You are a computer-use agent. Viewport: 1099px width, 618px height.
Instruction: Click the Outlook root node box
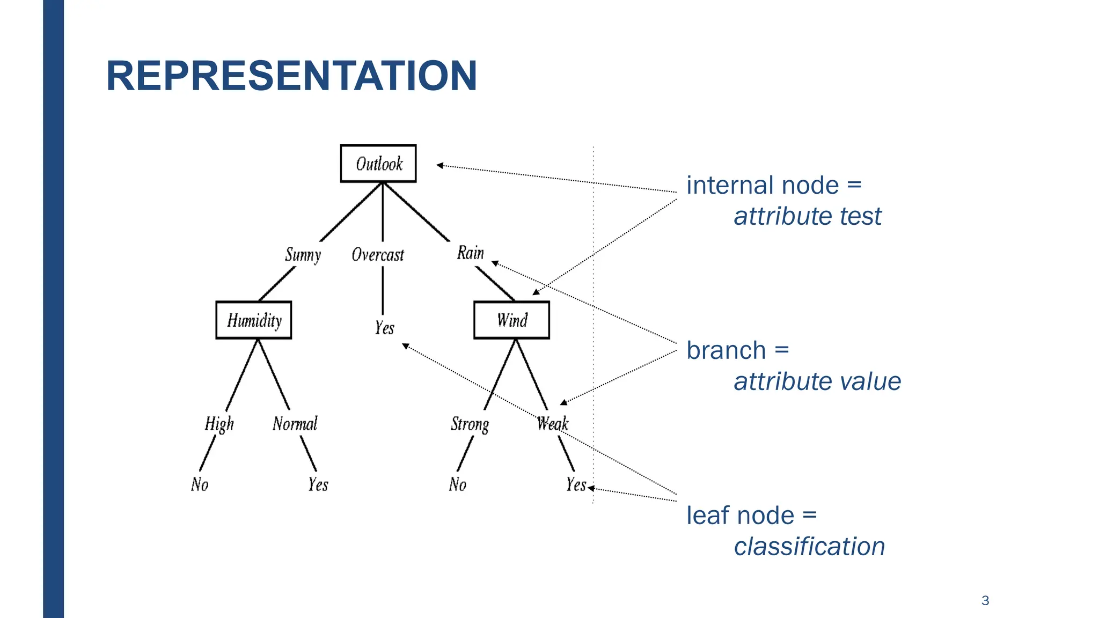coord(378,164)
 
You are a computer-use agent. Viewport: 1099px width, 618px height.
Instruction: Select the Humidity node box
coord(254,320)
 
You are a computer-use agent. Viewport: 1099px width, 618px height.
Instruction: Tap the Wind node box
coord(511,320)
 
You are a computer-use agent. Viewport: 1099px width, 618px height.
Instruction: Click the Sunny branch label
coord(303,255)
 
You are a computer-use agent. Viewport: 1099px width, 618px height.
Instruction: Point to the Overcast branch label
coord(378,255)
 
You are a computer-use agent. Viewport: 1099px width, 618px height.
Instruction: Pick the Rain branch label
coord(471,253)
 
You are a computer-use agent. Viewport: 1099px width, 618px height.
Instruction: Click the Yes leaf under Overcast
coord(384,327)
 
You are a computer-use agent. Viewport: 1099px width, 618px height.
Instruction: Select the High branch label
coord(219,424)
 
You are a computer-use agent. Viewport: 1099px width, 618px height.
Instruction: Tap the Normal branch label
coord(295,424)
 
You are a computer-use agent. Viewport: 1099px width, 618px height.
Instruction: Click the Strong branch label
coord(470,424)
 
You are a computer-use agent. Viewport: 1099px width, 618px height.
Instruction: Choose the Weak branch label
coord(552,424)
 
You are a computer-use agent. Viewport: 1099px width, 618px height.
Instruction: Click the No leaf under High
coord(200,484)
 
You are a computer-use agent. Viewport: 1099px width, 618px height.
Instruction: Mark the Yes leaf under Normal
coord(318,484)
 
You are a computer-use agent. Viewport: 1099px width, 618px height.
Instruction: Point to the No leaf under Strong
coord(458,484)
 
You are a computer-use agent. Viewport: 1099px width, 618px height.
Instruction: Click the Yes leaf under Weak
coord(576,484)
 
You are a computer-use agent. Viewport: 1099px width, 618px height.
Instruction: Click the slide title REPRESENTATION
coord(291,76)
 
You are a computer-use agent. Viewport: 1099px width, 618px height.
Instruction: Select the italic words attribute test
coord(807,216)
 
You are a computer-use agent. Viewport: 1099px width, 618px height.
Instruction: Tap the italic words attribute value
coord(817,381)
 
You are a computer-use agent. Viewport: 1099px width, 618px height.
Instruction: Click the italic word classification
coord(809,547)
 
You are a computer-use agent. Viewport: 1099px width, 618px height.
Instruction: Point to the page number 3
coord(985,600)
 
